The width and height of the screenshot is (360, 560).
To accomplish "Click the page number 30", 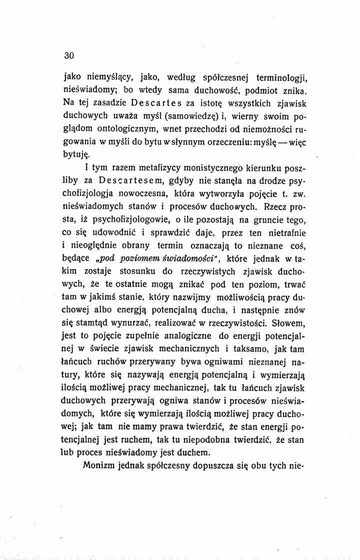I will [69, 56].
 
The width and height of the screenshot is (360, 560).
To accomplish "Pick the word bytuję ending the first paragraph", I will [76, 156].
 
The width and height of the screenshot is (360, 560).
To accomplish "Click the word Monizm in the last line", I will [100, 466].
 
